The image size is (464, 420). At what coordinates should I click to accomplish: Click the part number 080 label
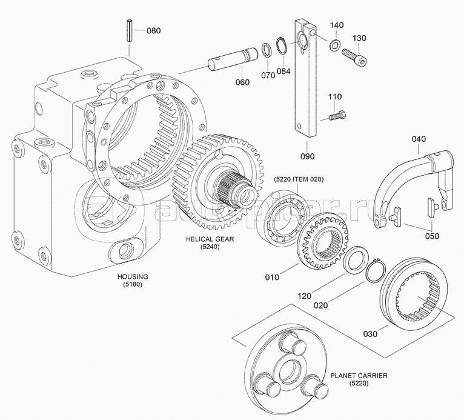[x=154, y=31]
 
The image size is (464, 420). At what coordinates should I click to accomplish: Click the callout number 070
[x=267, y=76]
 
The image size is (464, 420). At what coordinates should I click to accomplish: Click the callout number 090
[x=308, y=155]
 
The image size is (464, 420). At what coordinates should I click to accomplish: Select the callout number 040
[x=419, y=139]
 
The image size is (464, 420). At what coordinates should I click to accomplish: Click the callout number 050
[x=431, y=236]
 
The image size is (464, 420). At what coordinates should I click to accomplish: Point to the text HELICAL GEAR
[x=210, y=239]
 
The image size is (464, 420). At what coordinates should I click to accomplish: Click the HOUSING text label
[x=133, y=276]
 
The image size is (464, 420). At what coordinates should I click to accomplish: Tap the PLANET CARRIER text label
[x=359, y=376]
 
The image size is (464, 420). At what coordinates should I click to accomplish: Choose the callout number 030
[x=370, y=333]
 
